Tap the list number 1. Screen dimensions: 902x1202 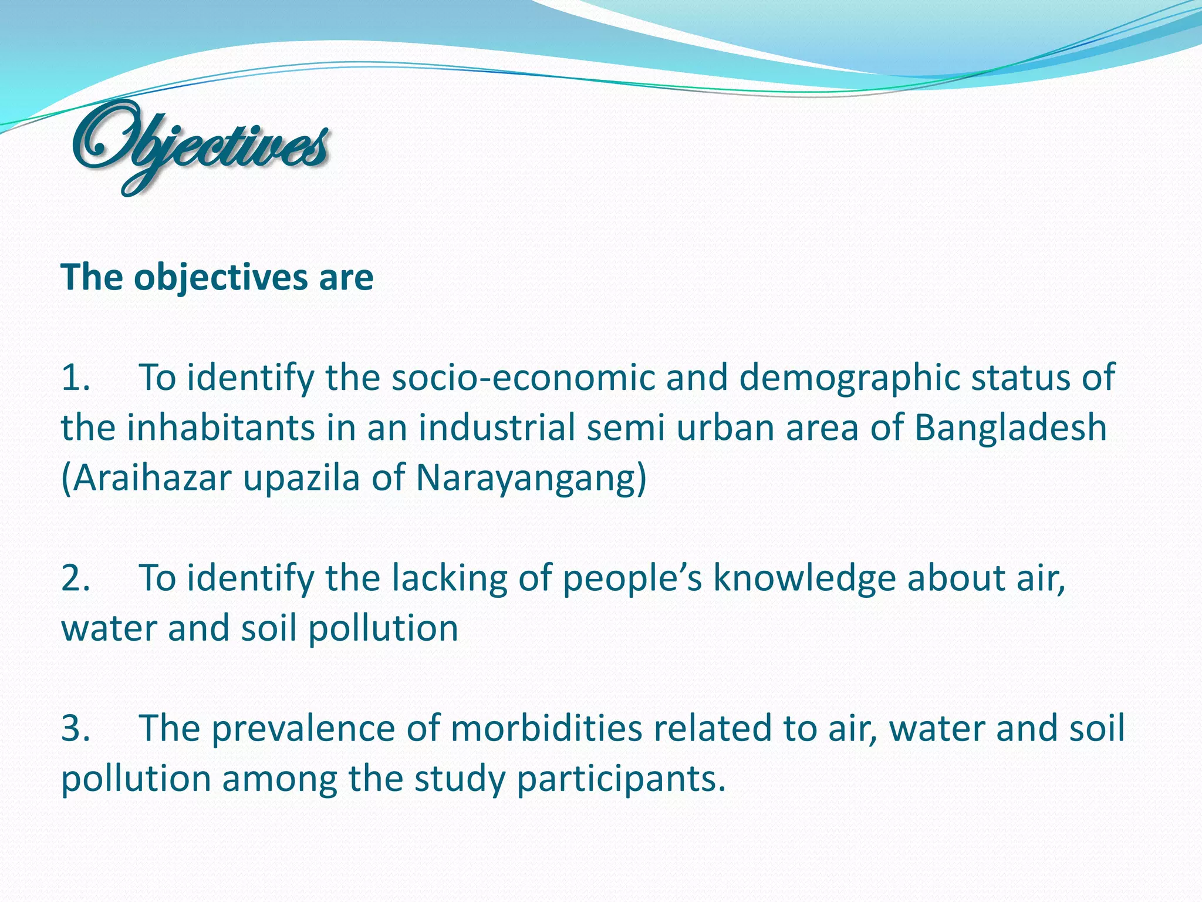point(75,378)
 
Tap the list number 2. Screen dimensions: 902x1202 point(75,578)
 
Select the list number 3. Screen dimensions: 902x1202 point(75,729)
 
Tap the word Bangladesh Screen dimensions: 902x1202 point(1010,428)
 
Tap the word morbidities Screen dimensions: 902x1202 point(546,729)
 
